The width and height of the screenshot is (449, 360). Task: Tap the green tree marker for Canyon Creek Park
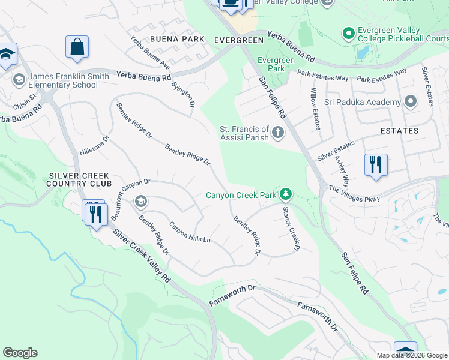pos(286,194)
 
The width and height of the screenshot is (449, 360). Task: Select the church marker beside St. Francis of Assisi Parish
pos(277,133)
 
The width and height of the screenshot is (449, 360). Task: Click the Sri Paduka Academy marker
pos(411,101)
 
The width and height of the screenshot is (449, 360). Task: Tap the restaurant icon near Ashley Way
pos(375,164)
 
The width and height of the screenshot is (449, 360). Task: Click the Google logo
pos(20,353)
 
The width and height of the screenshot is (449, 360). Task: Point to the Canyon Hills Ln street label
pos(190,232)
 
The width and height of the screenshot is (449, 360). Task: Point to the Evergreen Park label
pos(276,64)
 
